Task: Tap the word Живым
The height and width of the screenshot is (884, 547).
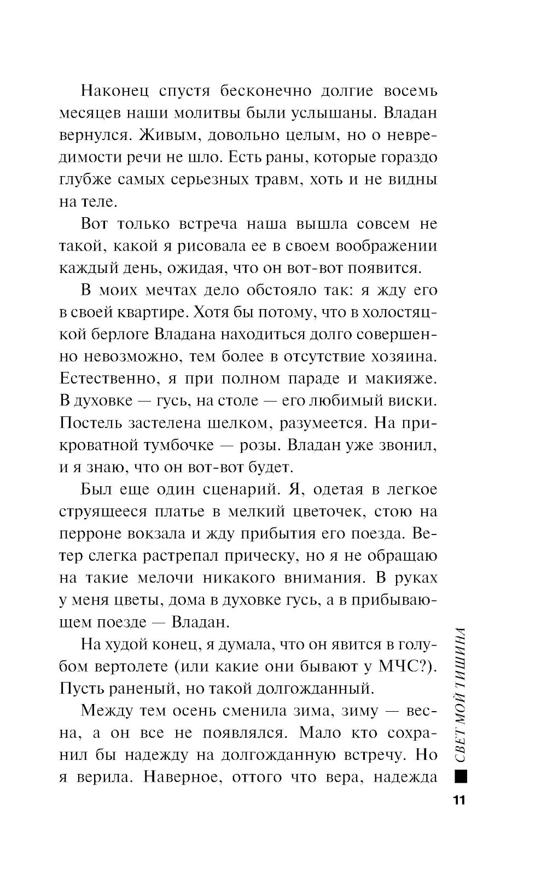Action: (x=150, y=135)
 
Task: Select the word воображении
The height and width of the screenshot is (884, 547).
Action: (x=386, y=246)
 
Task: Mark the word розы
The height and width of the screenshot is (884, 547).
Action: (x=259, y=445)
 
